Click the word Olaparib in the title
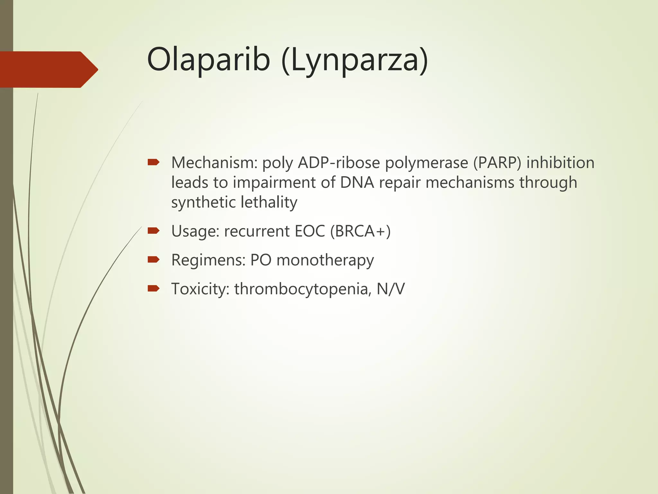tap(208, 60)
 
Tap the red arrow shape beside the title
tap(48, 69)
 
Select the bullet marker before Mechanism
tap(153, 162)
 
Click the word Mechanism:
tap(214, 163)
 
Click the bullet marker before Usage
tap(153, 230)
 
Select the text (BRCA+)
tap(360, 231)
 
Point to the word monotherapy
tap(325, 261)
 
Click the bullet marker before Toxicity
tap(153, 288)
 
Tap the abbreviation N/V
tap(390, 289)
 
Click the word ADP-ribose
tap(339, 163)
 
